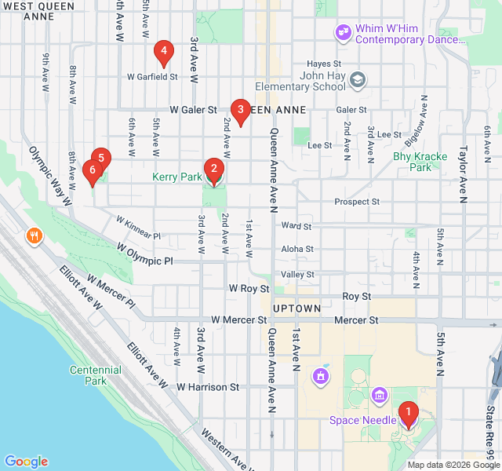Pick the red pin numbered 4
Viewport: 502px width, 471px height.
coord(163,53)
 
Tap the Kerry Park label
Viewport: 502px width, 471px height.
coord(177,177)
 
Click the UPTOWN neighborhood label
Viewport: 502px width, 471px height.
coord(296,309)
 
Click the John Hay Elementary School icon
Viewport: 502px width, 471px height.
coord(358,79)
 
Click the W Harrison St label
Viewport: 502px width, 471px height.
coord(208,387)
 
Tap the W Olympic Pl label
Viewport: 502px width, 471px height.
coord(144,255)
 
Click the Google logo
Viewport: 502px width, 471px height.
coord(26,462)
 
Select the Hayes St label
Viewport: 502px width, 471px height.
coord(324,63)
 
